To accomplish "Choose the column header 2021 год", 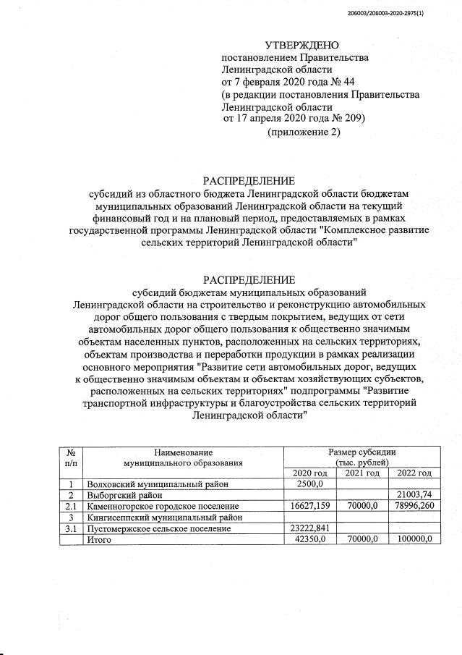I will click(362, 473).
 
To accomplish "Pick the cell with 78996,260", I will click(411, 506).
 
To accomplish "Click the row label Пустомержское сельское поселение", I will click(158, 528).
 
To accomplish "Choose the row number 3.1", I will click(71, 528).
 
